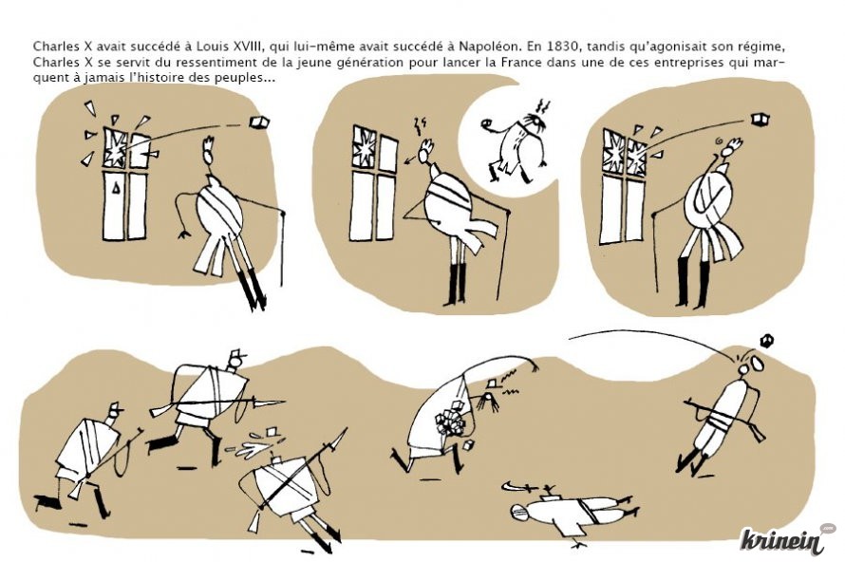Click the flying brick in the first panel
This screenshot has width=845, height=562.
(259, 122)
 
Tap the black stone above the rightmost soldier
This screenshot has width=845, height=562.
(766, 341)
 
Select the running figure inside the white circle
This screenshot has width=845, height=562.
(516, 140)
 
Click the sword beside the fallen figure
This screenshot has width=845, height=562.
(518, 487)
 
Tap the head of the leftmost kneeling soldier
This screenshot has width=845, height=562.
(114, 412)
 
